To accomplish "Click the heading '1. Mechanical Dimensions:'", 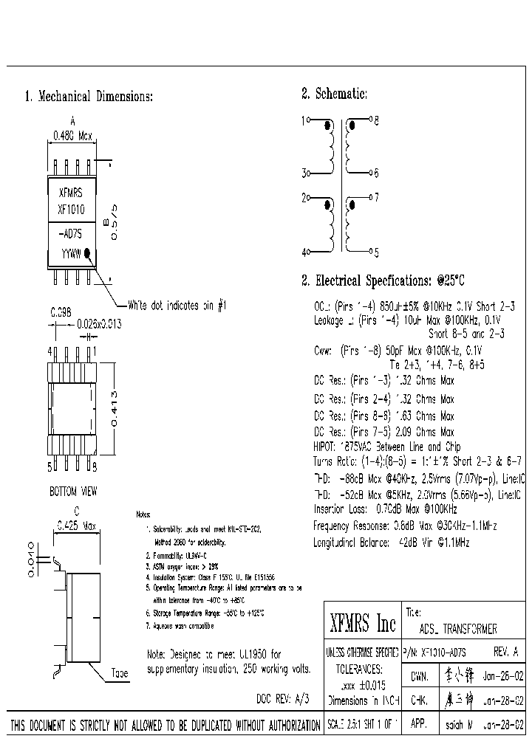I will pos(89,97).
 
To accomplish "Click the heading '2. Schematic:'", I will pos(334,94).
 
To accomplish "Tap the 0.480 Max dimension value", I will pos(72,136).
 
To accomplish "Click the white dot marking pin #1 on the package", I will pos(88,252).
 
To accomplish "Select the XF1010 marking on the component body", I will pos(71,209).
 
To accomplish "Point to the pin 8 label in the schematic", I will pos(376,120).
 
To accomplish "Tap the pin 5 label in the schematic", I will pos(376,252).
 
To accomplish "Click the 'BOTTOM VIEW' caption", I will pos(73,492).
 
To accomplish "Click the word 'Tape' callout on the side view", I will pos(119,673).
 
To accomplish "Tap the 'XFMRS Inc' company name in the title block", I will pos(362,625).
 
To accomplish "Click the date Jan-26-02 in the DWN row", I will pos(503,675).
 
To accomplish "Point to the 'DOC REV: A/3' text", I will pos(283,698).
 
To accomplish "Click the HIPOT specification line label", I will pos(325,447).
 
